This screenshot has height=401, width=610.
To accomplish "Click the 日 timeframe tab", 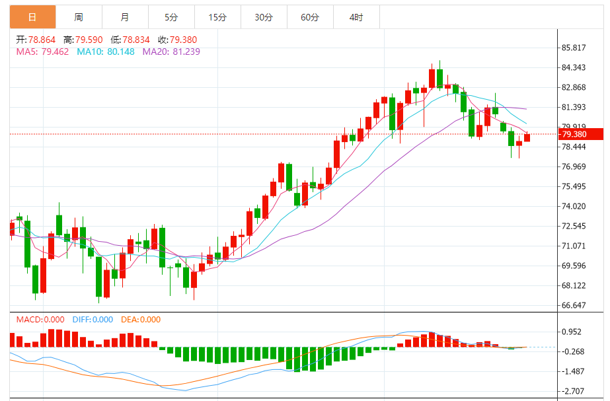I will coord(32,17).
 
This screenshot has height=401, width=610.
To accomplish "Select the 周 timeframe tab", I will coord(79,17).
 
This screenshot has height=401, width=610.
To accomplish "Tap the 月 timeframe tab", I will coord(125,17).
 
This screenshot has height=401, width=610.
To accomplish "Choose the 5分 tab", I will coord(171,17).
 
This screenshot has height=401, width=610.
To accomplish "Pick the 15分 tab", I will coord(217,17).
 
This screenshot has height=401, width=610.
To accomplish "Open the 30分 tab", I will coord(264,17).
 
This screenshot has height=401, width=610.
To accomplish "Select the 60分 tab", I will coord(310,17).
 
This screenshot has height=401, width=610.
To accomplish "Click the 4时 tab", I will coord(356,17).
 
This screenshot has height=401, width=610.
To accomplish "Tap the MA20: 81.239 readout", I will coord(171,52).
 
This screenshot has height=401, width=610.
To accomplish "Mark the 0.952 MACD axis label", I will coord(572,332).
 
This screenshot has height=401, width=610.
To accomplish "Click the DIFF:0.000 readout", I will coord(93,320).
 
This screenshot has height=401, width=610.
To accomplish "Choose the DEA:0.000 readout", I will coord(141,320).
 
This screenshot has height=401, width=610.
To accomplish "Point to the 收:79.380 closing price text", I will coord(179,40).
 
